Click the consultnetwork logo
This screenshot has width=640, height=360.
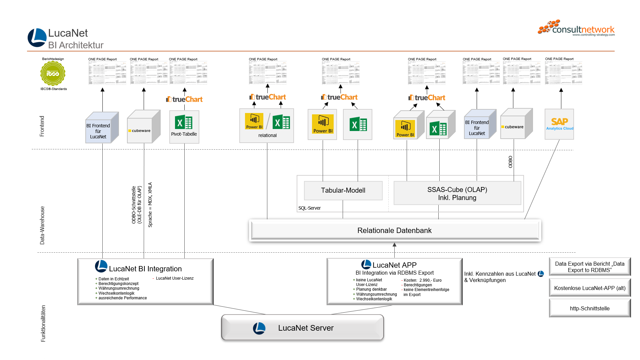(576, 28)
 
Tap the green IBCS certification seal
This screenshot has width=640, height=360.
(53, 73)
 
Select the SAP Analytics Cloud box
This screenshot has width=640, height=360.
(559, 124)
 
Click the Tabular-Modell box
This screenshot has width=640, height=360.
(343, 190)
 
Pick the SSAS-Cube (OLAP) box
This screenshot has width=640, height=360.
(457, 193)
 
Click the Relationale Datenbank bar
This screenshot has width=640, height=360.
(395, 230)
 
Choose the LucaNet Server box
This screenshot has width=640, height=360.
(302, 328)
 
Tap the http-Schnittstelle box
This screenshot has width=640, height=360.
(589, 308)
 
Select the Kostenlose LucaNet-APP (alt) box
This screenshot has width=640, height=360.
(589, 288)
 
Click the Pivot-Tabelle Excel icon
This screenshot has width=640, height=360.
(184, 123)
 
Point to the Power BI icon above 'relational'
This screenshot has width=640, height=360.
(254, 121)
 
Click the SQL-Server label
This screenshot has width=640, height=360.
(309, 208)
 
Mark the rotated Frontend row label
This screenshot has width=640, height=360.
(42, 126)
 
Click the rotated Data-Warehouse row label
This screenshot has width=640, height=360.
(42, 225)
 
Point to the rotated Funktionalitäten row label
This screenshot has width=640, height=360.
(43, 323)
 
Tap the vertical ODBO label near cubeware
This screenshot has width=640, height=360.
(510, 162)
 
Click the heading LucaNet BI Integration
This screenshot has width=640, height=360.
(145, 269)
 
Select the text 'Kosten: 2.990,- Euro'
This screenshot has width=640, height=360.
(422, 280)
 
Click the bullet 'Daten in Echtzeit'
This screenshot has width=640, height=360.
(113, 279)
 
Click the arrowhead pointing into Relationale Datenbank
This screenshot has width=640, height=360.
(394, 245)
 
